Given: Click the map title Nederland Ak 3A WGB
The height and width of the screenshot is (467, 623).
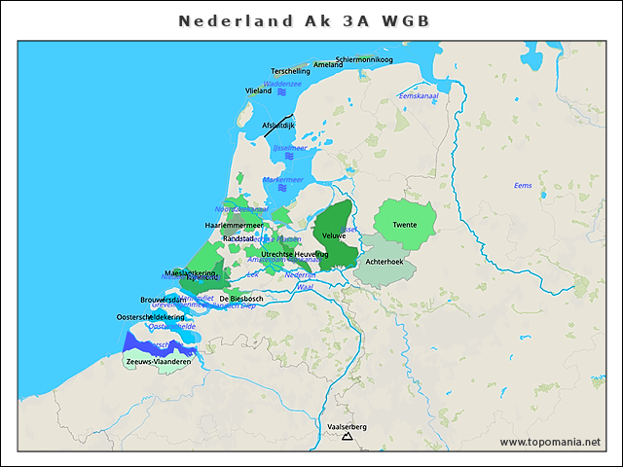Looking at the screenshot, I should [x=304, y=20].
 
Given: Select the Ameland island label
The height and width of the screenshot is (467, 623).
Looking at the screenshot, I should [x=328, y=65].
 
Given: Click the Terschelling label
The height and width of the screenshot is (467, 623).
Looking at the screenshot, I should [x=290, y=71].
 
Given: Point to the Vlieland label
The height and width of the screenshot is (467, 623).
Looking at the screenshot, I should [x=258, y=90].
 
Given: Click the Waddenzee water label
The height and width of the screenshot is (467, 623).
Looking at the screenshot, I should [x=282, y=84].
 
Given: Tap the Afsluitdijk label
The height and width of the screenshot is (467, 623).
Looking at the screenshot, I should [x=278, y=126].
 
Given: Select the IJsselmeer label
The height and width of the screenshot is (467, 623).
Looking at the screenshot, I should [x=289, y=148].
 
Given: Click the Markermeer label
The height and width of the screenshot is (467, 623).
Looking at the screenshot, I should [x=283, y=180].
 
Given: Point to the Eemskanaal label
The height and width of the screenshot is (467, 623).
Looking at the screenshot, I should [x=420, y=96].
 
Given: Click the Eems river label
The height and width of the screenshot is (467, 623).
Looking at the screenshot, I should [x=523, y=185].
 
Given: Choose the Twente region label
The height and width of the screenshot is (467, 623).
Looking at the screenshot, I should [x=404, y=226].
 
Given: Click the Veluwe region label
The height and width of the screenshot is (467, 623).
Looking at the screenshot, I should [x=334, y=236].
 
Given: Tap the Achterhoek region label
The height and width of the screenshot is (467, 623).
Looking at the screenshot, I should [x=384, y=262].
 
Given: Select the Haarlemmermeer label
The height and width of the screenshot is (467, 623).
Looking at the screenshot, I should [x=234, y=225].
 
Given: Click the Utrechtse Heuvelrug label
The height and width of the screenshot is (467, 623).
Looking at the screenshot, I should [x=288, y=254].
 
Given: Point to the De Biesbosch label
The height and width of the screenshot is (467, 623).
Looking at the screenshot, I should [x=241, y=299].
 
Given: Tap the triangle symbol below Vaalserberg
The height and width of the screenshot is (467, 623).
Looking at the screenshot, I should [x=346, y=437].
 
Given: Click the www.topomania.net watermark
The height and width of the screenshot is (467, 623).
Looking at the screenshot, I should [x=550, y=443].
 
